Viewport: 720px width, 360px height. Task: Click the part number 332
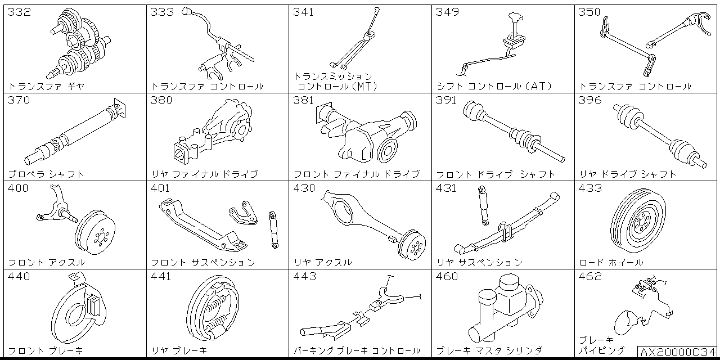point(19,12)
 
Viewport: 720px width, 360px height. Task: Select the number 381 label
point(304,101)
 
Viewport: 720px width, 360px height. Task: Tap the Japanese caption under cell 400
point(47,262)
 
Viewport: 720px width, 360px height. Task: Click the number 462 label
point(590,277)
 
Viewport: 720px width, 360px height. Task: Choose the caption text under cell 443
point(357,350)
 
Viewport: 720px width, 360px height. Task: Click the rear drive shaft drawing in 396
point(658,135)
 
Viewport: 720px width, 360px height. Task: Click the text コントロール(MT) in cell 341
point(337,87)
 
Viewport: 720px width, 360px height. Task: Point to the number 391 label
point(447,101)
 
